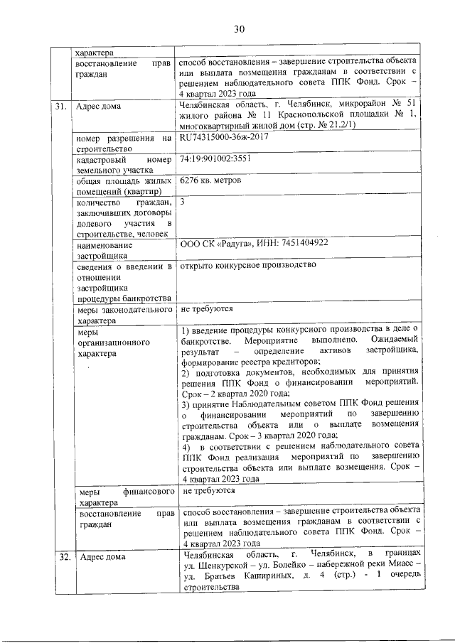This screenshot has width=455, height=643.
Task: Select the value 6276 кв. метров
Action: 211,180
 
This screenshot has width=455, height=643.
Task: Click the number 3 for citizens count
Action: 183,202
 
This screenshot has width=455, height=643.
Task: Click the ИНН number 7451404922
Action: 301,243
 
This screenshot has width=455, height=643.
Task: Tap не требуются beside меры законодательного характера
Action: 207,309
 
